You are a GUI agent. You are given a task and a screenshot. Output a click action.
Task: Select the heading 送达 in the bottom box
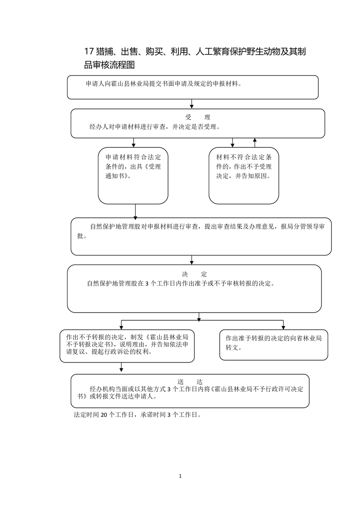click(x=191, y=381)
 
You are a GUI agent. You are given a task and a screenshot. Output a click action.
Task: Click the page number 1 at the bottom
click(x=180, y=476)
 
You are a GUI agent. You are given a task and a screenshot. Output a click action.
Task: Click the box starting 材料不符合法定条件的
click(x=244, y=175)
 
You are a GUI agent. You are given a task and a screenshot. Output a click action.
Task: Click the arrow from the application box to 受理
click(x=192, y=104)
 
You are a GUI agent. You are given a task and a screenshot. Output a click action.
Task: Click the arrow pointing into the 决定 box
click(x=192, y=260)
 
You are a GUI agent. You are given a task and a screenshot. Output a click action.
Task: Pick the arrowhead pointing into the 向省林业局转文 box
click(x=283, y=327)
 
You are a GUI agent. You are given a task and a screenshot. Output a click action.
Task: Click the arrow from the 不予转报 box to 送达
click(x=121, y=368)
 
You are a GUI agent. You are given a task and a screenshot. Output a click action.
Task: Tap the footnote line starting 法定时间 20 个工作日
click(x=137, y=415)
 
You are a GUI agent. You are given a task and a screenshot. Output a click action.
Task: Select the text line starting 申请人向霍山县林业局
click(x=163, y=84)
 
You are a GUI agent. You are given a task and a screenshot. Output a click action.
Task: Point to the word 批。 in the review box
click(x=82, y=236)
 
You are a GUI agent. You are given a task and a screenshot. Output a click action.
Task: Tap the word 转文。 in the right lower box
click(x=234, y=348)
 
